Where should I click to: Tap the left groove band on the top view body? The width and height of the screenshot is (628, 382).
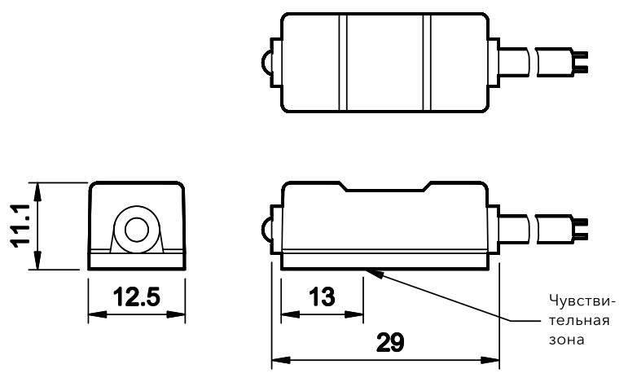[x=343, y=62]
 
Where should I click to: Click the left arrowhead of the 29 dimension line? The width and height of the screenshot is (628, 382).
[x=278, y=359]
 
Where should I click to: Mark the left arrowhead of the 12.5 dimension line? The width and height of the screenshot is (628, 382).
[x=94, y=314]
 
